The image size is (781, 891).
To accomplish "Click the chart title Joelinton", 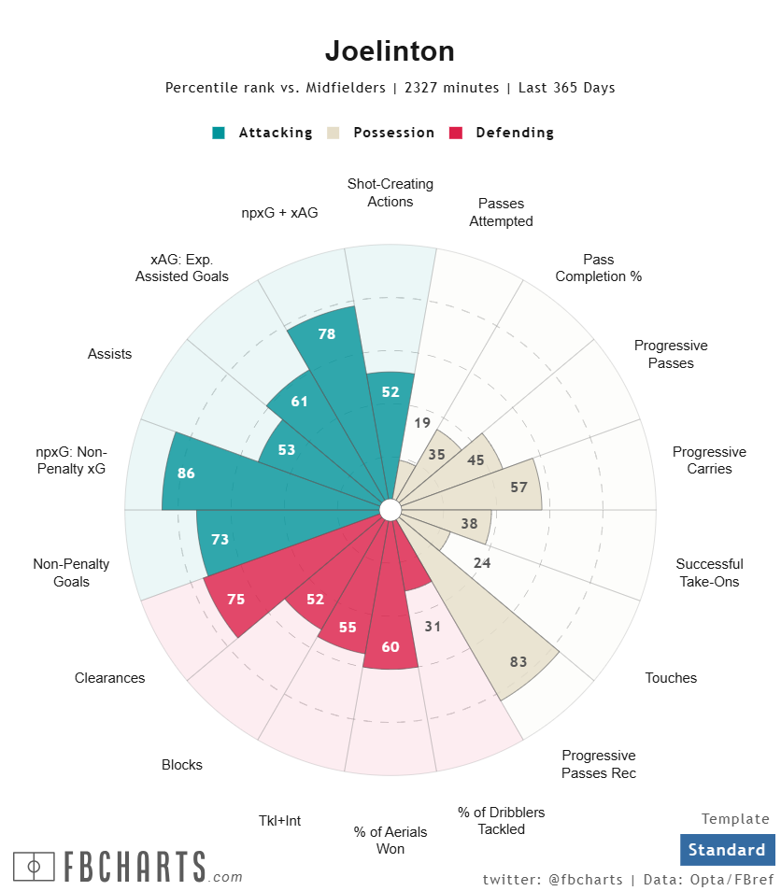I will coord(390,50).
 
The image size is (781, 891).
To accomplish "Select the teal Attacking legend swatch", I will coord(219,133).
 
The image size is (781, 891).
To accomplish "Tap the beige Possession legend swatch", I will coord(333,133).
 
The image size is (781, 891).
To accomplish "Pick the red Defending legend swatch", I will coord(456,133).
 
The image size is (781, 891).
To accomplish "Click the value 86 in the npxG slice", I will coord(186,474).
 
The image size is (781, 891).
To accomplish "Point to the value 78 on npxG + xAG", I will coord(327,333).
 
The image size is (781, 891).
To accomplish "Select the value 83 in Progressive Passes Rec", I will coord(518,661).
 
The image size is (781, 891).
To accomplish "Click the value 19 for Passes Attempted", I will coord(422,422).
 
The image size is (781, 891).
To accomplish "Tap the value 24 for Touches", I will coord(482,562).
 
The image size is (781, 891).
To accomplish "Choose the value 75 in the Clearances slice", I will coord(235,599).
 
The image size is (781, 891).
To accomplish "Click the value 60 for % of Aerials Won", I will coord(390,647).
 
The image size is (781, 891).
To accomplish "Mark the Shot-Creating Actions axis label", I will coord(390,192).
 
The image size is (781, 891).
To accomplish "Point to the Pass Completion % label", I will coord(598,268).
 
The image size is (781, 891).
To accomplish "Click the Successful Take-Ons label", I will coord(709,573).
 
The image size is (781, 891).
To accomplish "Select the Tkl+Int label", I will coord(279,821).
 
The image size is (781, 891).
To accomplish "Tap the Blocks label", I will coord(181,765).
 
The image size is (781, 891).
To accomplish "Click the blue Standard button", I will coord(727,850).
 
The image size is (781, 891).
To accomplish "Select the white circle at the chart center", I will coord(390,509).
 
